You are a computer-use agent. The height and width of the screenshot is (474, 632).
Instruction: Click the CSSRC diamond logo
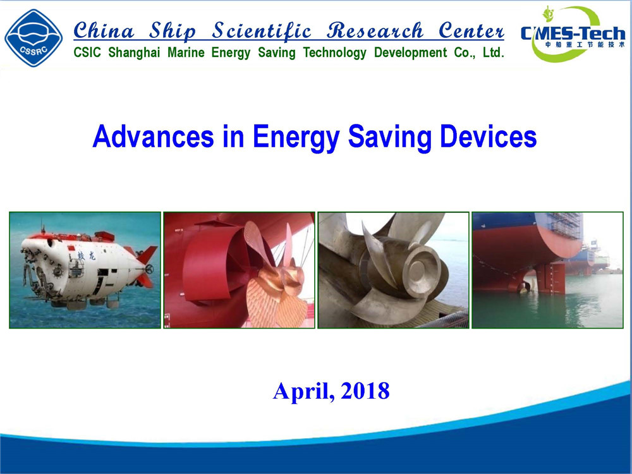point(33,39)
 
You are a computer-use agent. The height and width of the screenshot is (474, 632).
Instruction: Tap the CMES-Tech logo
point(573,34)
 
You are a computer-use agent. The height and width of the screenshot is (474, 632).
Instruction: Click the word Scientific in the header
point(262,32)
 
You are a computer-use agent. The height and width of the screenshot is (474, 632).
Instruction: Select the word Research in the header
point(375,31)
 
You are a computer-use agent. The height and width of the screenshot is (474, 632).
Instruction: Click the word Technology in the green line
point(334,53)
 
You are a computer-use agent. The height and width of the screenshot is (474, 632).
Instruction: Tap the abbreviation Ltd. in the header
point(494,52)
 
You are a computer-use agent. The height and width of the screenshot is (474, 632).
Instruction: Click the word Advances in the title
point(153,137)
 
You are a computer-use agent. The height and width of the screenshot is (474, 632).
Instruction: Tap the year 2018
point(365,391)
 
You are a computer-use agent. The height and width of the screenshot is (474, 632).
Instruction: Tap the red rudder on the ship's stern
point(550,279)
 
